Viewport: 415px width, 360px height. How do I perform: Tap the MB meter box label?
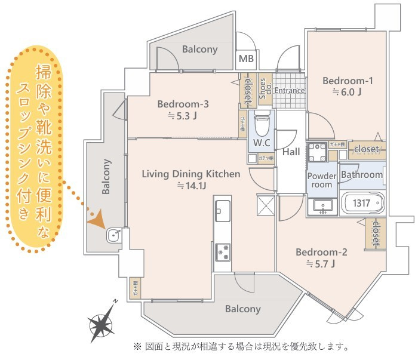(245, 59)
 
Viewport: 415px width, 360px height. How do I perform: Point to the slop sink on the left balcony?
(113, 235)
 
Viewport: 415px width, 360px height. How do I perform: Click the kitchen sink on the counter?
(222, 209)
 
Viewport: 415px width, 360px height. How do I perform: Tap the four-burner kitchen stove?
(223, 253)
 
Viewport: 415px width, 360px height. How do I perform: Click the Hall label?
(291, 152)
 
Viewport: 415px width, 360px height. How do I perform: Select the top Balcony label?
(200, 50)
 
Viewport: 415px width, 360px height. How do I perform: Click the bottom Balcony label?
(243, 309)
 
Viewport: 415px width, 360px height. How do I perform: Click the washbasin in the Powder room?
(322, 207)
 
